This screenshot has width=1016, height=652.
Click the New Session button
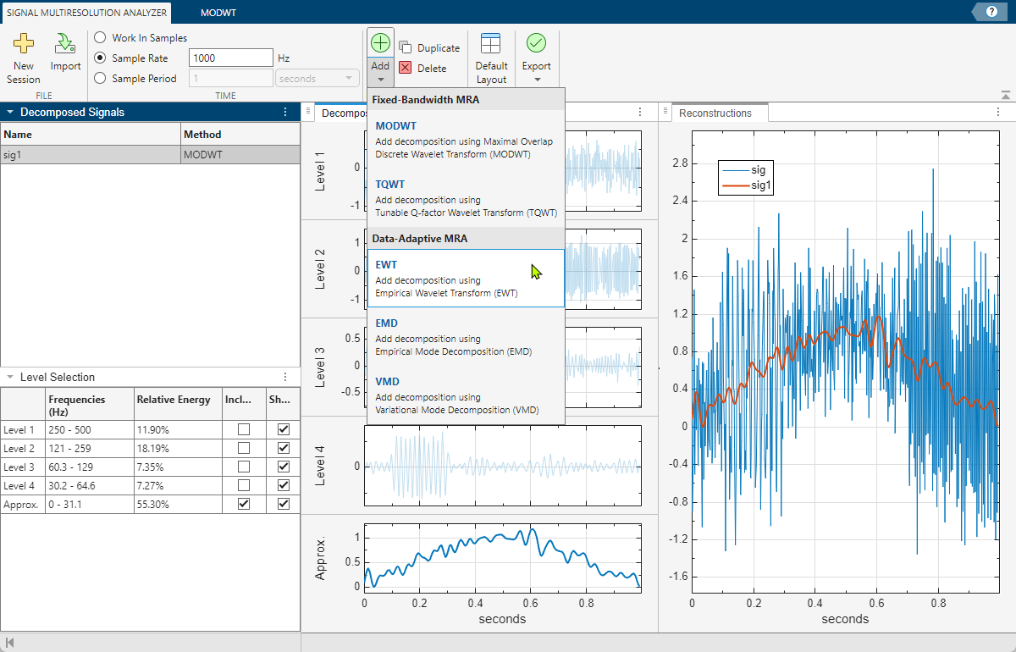[x=23, y=57]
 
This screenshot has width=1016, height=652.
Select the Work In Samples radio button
[x=101, y=38]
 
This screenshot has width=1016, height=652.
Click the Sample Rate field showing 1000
[x=230, y=58]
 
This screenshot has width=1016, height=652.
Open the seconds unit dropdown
[x=317, y=79]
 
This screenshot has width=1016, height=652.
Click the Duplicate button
[x=429, y=48]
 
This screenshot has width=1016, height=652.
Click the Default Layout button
[x=491, y=57]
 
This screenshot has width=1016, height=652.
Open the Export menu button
[x=536, y=57]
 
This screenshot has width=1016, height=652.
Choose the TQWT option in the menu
[x=466, y=197]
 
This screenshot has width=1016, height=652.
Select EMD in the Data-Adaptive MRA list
[x=466, y=337]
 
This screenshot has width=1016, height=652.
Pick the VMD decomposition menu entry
[x=466, y=395]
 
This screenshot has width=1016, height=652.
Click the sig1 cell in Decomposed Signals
[x=91, y=156]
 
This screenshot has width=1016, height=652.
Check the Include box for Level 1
[x=244, y=429]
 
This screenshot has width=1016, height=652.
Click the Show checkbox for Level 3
[x=284, y=467]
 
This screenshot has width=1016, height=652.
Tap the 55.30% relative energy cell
[x=176, y=504]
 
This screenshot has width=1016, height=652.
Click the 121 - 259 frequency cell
[x=89, y=448]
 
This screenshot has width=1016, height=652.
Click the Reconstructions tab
[x=715, y=113]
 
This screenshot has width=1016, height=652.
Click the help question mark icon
[x=991, y=11]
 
